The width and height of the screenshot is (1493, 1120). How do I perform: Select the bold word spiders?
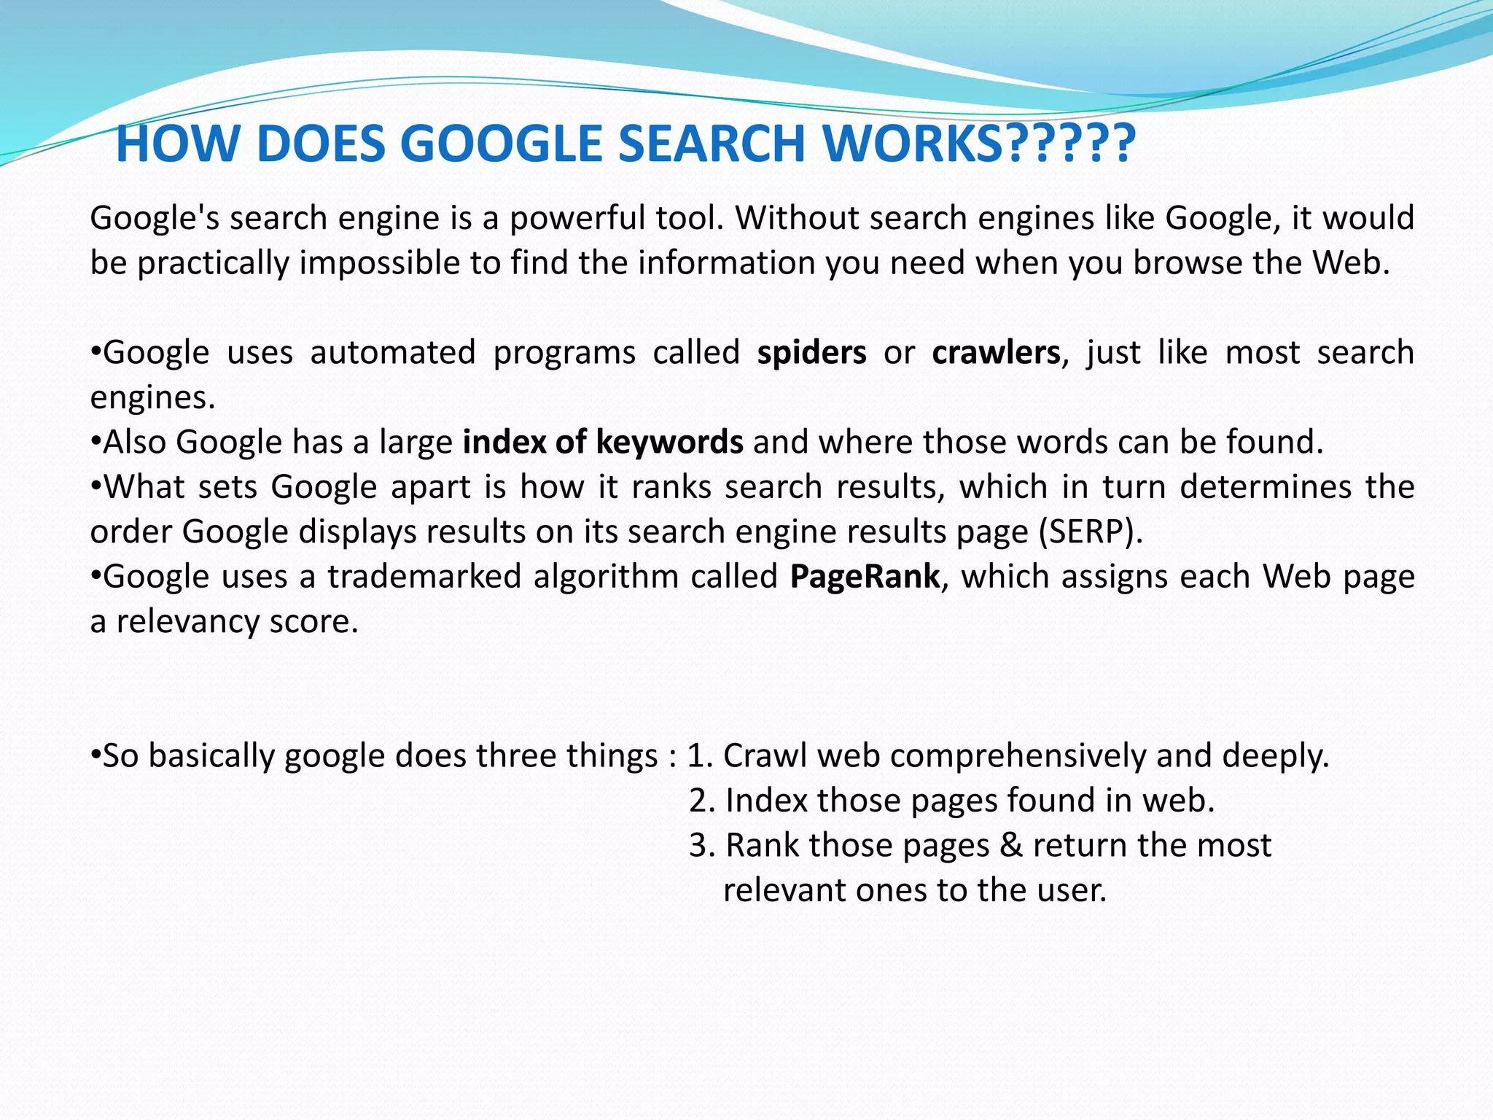click(811, 353)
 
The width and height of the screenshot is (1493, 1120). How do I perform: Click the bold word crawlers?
click(995, 353)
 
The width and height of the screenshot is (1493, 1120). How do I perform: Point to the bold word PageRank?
click(865, 577)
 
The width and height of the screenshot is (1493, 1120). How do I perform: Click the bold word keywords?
click(669, 443)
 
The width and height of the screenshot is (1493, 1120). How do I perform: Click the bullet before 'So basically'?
click(95, 756)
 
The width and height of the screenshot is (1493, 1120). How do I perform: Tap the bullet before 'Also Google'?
click(95, 442)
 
